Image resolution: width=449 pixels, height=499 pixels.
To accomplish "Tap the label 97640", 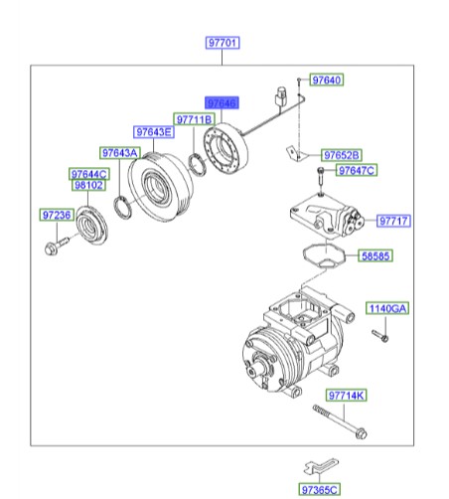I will [x=325, y=80].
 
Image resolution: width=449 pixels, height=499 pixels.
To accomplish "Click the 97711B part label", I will [x=195, y=119].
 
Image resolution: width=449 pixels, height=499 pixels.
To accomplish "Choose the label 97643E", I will [x=154, y=132].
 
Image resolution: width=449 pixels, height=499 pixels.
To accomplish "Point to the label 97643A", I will [x=119, y=152].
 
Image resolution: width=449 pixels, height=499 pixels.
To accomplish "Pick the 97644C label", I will [x=88, y=174].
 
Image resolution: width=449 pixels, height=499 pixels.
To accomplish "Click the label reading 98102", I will [x=88, y=185].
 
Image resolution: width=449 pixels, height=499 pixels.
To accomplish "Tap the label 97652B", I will [x=341, y=155].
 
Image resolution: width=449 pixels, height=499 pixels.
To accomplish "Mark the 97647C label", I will [x=356, y=171].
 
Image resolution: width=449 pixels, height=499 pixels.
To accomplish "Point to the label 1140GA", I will [x=387, y=309].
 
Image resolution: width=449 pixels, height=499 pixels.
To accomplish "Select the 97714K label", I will [x=347, y=395].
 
